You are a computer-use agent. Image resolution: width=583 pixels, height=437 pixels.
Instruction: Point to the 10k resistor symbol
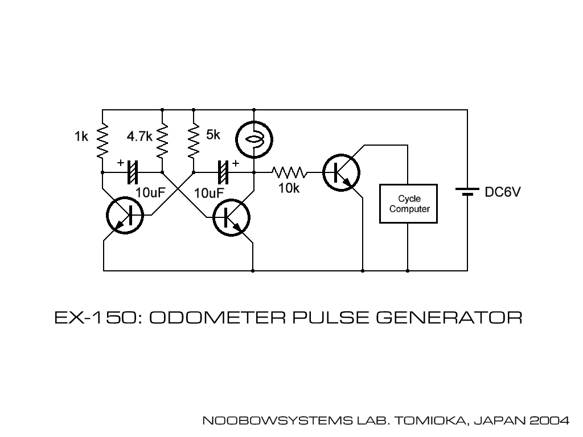(289, 171)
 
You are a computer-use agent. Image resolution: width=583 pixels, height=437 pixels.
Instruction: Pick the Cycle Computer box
(408, 204)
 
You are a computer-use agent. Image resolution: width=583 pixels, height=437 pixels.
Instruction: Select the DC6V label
(503, 192)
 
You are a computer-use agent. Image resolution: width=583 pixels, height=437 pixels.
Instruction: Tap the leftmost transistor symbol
(125, 216)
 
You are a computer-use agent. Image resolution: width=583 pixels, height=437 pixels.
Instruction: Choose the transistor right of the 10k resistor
(341, 171)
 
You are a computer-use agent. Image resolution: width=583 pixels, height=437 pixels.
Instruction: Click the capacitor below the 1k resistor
(133, 171)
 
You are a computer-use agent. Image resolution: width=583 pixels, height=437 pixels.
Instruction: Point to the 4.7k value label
(138, 137)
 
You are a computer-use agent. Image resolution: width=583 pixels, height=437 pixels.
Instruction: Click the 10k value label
(289, 188)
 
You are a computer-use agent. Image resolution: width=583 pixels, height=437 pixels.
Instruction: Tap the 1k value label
(81, 137)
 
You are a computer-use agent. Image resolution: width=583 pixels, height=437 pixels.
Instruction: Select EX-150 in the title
(94, 317)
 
